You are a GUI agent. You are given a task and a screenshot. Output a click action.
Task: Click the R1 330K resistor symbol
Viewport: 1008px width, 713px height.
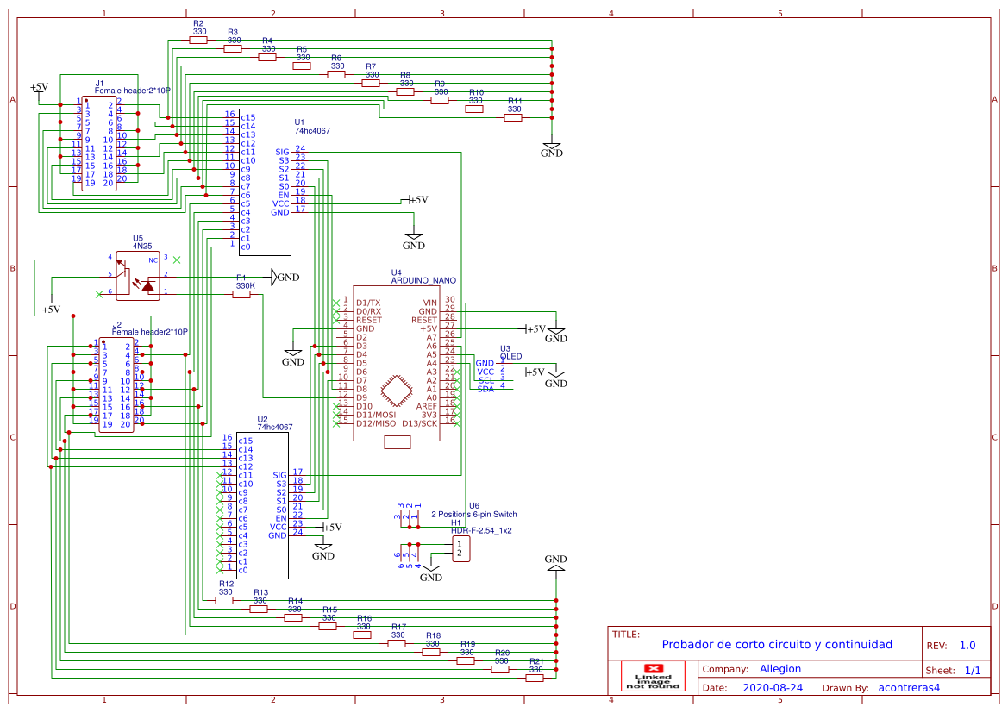[241, 294]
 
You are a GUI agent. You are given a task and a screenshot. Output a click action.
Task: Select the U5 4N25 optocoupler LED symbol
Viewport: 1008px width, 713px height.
[148, 285]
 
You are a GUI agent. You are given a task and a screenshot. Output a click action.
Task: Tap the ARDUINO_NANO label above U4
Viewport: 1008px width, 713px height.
[423, 280]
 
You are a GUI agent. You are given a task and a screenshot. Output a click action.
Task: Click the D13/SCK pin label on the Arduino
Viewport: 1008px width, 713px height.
[420, 423]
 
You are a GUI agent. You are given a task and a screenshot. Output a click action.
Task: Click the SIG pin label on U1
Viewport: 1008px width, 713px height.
[282, 152]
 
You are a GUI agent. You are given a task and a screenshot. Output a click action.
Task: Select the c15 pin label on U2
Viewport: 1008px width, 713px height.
[245, 441]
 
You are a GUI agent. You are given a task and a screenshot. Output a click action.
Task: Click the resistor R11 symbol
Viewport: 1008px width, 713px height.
[513, 117]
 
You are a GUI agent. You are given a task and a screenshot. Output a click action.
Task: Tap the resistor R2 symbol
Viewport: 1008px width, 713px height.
[198, 40]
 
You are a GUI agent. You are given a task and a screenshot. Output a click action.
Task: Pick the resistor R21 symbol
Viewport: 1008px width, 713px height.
[535, 678]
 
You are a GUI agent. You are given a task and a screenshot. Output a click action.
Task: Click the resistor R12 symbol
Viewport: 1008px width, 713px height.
[224, 600]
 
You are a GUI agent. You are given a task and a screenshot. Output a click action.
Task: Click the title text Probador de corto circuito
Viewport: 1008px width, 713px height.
[776, 645]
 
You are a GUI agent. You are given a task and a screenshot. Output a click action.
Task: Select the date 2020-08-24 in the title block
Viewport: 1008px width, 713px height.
[772, 688]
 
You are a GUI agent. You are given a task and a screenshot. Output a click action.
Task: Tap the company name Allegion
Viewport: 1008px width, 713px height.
[779, 669]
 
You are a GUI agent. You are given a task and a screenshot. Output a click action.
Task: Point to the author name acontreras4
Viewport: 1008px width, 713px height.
[908, 688]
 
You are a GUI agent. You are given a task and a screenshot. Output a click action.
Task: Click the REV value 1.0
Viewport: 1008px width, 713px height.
[967, 646]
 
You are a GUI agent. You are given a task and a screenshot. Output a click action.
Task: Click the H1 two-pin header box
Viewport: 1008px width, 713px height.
[461, 548]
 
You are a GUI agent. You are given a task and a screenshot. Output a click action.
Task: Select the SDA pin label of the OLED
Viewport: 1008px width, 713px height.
[486, 389]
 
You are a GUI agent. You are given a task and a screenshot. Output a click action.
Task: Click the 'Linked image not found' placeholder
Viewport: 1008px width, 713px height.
[653, 676]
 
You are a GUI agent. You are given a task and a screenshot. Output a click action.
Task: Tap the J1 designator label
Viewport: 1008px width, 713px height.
[99, 83]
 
